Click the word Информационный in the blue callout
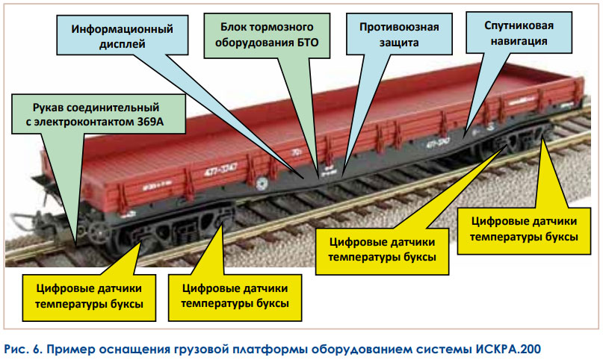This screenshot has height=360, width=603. click(x=123, y=30)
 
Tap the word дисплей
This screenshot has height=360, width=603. click(x=123, y=44)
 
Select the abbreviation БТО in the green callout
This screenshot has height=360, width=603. click(x=308, y=43)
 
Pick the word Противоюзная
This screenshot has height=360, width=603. click(x=399, y=28)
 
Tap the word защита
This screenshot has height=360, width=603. click(x=399, y=43)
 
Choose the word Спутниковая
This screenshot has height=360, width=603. click(x=519, y=25)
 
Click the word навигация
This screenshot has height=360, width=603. click(x=519, y=41)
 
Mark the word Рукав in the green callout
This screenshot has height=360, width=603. click(x=46, y=108)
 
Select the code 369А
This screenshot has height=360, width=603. click(x=151, y=122)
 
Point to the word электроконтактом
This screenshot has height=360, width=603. click(x=84, y=122)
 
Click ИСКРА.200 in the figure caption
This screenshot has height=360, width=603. click(x=508, y=350)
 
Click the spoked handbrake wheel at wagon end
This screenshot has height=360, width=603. click(x=99, y=232)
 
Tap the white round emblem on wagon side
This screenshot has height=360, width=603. click(x=262, y=184)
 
